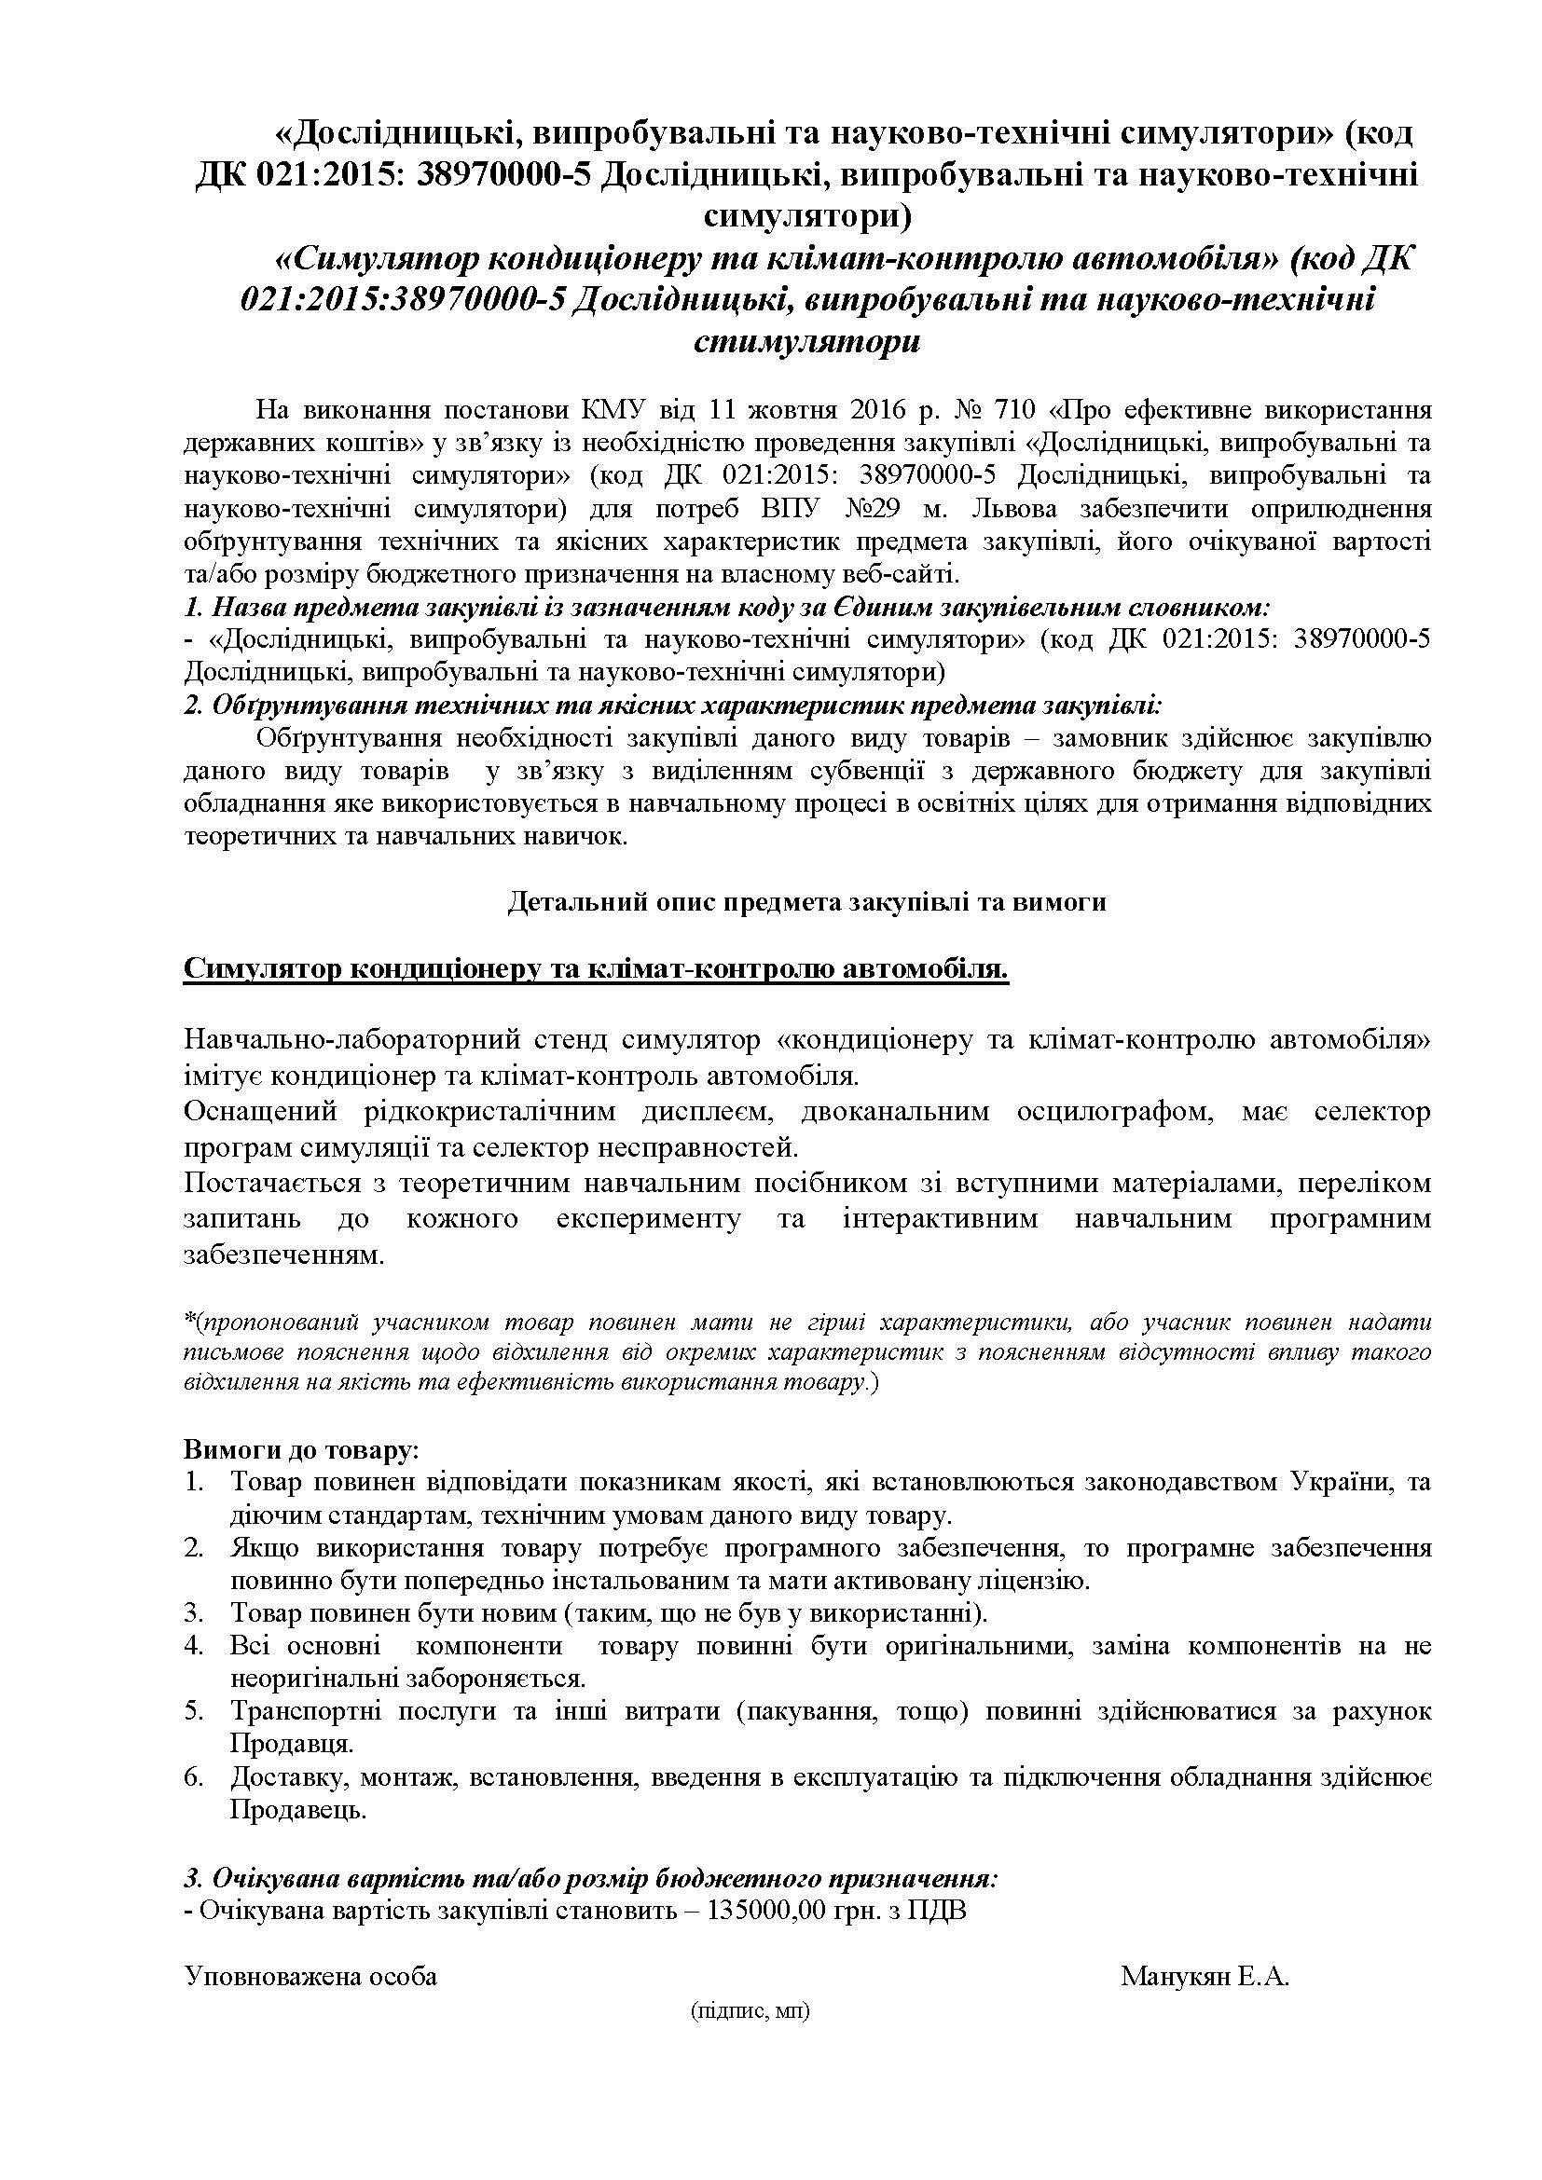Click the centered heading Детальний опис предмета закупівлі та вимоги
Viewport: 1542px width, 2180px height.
click(x=806, y=901)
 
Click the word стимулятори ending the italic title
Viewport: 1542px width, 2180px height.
click(x=806, y=341)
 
